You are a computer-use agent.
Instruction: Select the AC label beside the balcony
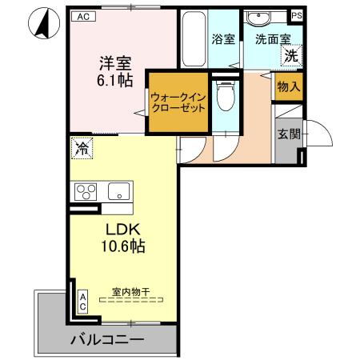click(x=82, y=301)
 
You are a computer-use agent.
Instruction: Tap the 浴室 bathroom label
click(x=223, y=38)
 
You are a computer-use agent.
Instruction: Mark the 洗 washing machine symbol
click(x=292, y=55)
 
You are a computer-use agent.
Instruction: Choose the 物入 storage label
click(x=289, y=87)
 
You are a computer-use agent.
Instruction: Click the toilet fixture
click(x=226, y=100)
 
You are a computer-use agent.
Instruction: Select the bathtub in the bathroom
click(x=193, y=40)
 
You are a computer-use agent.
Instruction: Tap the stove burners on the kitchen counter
click(x=86, y=192)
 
